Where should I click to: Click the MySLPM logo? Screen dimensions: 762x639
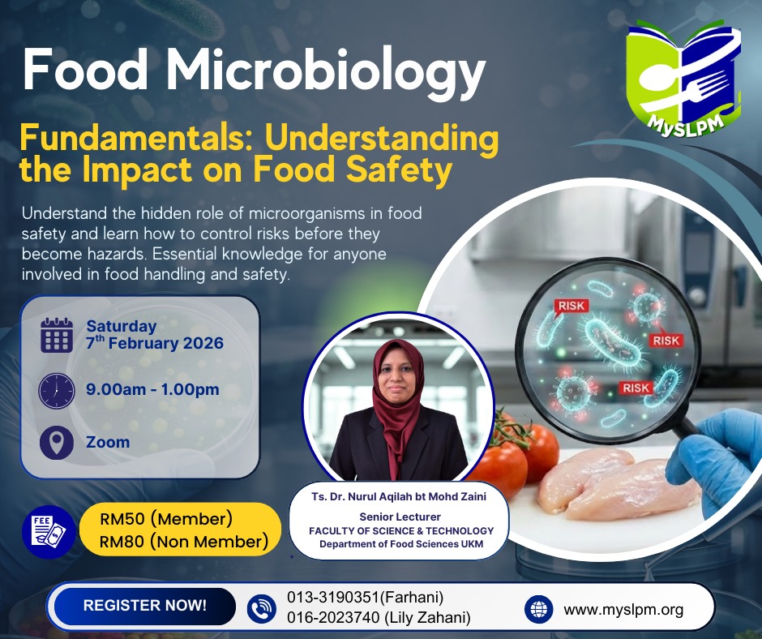tap(683, 78)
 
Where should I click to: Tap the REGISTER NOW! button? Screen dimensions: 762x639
tap(145, 606)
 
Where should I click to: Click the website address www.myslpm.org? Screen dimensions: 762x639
tap(623, 609)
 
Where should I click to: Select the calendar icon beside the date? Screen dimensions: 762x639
tap(57, 335)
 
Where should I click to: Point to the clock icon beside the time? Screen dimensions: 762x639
tap(57, 391)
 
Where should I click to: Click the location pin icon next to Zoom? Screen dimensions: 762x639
tap(57, 443)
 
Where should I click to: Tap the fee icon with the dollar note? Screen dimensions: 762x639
tap(49, 531)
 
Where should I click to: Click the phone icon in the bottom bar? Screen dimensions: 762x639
tap(262, 609)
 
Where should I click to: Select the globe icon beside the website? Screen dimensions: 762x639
tap(539, 609)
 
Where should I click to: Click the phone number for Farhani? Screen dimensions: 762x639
tap(365, 597)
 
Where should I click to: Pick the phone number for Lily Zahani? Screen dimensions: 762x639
tap(379, 617)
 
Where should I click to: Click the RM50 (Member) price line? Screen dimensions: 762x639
tap(166, 518)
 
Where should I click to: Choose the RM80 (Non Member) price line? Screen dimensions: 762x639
tap(184, 541)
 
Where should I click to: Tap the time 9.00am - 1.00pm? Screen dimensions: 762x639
tap(152, 389)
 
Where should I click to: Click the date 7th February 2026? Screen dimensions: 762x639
tap(155, 343)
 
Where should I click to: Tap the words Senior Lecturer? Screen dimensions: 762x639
tap(400, 517)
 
